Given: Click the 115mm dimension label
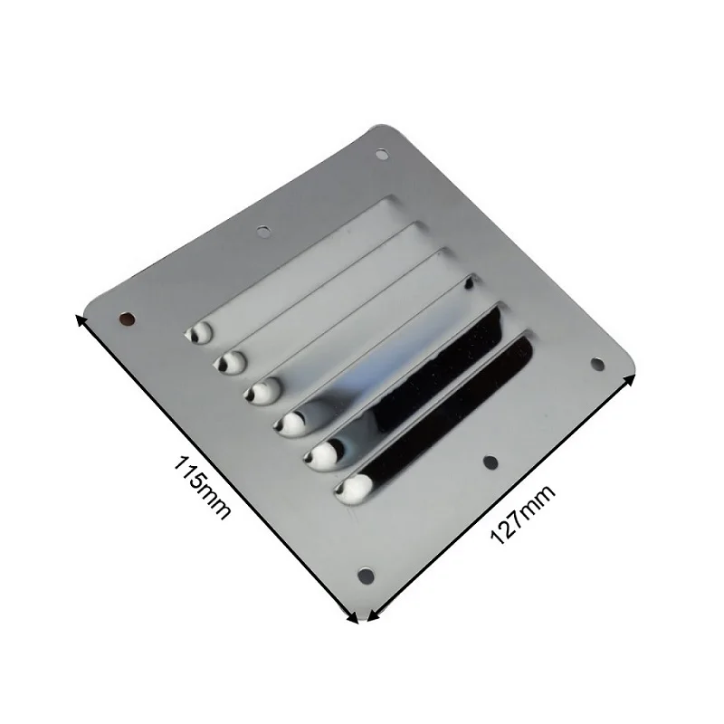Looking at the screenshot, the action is (x=201, y=488).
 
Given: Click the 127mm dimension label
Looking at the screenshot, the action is (x=523, y=514).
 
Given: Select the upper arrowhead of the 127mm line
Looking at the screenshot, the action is (x=630, y=380).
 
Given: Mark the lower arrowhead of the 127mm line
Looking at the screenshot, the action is (x=373, y=615).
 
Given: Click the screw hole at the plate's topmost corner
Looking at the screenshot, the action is (x=381, y=154).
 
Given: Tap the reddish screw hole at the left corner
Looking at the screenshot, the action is (x=127, y=319).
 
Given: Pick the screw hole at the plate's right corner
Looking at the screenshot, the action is (x=597, y=365).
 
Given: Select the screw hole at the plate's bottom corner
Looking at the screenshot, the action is (x=367, y=576).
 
